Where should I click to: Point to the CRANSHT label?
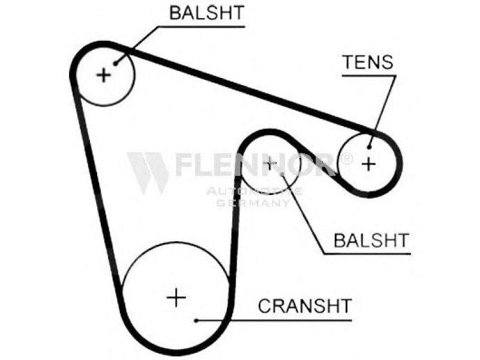[x=304, y=306]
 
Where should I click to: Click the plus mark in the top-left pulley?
[x=104, y=75]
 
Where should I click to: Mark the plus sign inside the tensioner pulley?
[x=368, y=163]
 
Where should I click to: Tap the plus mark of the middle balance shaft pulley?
[x=271, y=162]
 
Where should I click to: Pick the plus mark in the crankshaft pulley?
[x=176, y=297]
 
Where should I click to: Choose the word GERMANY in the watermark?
[x=253, y=203]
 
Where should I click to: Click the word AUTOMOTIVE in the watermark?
[x=254, y=191]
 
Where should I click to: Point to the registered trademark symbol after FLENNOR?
[x=346, y=159]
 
